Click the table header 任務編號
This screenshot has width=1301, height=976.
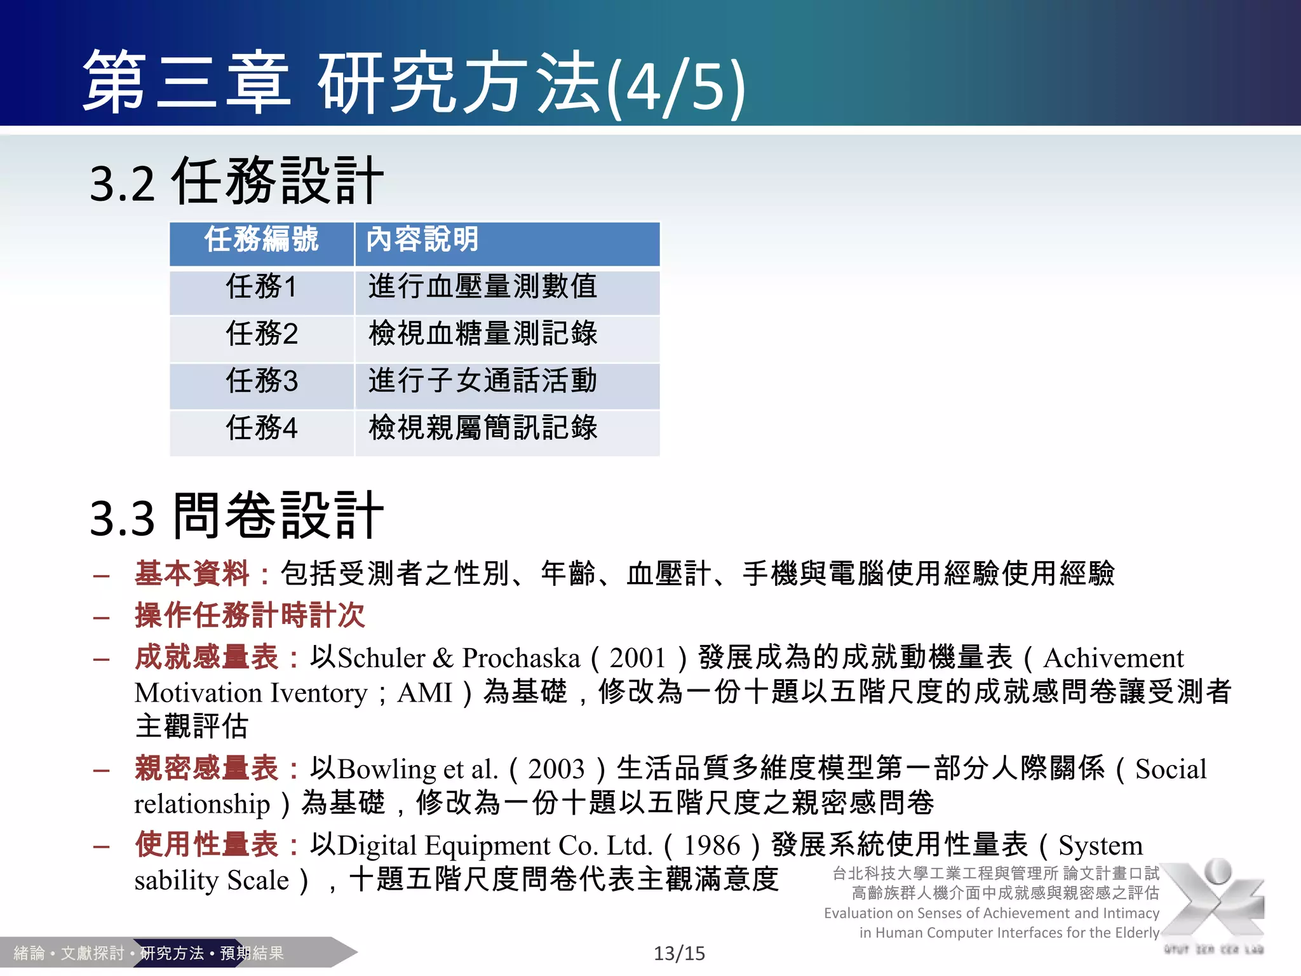[261, 240]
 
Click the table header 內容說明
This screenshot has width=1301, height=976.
[422, 240]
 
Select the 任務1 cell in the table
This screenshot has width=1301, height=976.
[261, 287]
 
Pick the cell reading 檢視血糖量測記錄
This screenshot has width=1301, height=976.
[483, 334]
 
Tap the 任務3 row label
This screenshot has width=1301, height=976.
[261, 381]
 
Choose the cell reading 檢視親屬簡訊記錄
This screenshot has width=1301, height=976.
[483, 428]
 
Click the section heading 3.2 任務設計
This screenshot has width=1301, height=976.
[236, 182]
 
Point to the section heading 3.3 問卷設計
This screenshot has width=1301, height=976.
[236, 517]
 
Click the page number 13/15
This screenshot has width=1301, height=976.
[679, 953]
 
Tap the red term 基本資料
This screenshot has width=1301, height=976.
[192, 573]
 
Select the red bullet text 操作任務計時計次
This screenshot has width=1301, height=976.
[250, 615]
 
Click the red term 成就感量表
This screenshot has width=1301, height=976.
[207, 658]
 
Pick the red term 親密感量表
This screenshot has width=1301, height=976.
[207, 769]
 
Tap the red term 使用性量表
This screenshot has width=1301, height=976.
[207, 845]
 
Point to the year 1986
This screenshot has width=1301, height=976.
[712, 846]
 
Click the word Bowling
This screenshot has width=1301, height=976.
[387, 769]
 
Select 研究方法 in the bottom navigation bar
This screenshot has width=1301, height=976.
[172, 953]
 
